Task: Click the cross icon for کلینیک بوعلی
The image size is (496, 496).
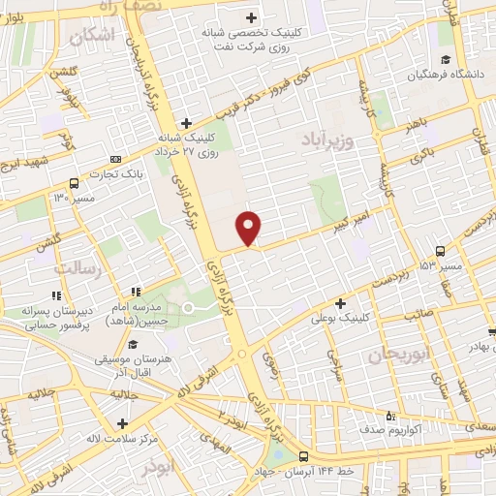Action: pyautogui.click(x=340, y=304)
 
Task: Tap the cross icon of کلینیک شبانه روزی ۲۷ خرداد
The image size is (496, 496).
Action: pyautogui.click(x=187, y=123)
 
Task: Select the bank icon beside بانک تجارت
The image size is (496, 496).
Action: pyautogui.click(x=116, y=160)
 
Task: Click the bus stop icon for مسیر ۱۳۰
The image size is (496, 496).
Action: pyautogui.click(x=75, y=184)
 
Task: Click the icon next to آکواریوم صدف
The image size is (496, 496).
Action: pyautogui.click(x=389, y=417)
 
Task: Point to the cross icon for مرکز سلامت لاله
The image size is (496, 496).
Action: pyautogui.click(x=122, y=423)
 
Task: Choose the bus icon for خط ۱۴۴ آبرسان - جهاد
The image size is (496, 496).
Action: pyautogui.click(x=303, y=457)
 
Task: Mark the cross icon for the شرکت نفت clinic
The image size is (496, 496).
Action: pyautogui.click(x=251, y=16)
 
